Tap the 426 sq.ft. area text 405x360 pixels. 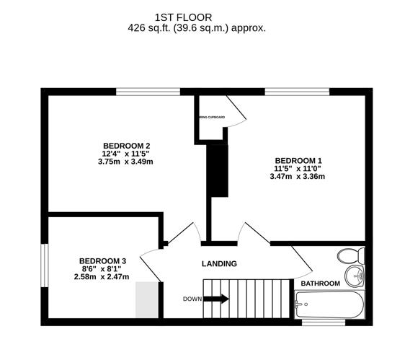click(x=196, y=28)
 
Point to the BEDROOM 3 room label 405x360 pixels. click(x=103, y=260)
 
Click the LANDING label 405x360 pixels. click(x=218, y=264)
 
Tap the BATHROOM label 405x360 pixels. click(x=320, y=284)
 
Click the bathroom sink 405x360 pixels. click(x=355, y=275)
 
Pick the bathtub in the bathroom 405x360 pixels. click(x=330, y=304)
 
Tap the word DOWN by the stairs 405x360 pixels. click(x=192, y=299)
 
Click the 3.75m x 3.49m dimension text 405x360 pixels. click(x=125, y=162)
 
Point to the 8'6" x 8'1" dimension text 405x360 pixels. click(x=103, y=268)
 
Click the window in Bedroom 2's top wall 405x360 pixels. click(x=148, y=91)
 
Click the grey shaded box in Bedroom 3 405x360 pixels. click(x=147, y=299)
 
